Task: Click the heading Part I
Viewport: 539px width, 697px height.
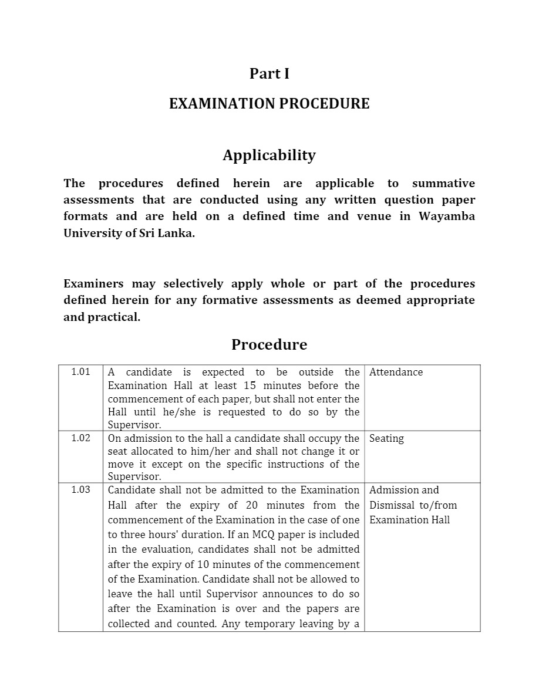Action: coord(269,74)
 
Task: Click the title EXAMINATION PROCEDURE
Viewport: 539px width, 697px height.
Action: coord(269,104)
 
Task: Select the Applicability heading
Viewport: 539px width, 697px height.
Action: coord(269,155)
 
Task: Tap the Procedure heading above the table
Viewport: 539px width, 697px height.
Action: coord(269,344)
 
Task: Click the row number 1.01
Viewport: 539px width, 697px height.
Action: coord(80,372)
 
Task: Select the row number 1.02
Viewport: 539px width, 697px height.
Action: coord(80,438)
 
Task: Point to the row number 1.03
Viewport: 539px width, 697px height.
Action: coord(80,490)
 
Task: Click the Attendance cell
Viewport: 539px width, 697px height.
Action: coord(396,372)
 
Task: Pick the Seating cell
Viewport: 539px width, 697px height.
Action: coord(386,438)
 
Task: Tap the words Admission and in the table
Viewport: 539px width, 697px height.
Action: coord(404,490)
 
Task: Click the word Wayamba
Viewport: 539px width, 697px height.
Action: coord(446,216)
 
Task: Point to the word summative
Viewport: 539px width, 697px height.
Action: coord(443,183)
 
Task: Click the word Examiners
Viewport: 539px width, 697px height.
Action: coord(93,284)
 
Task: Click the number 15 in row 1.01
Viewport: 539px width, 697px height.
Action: coord(250,385)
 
